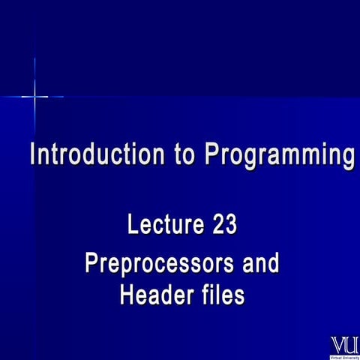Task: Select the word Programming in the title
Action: click(x=279, y=156)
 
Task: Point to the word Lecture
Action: click(x=164, y=224)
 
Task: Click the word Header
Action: click(x=154, y=295)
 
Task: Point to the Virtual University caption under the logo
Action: click(x=344, y=356)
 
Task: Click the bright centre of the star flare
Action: click(x=35, y=97)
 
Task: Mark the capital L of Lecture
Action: click(x=133, y=224)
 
